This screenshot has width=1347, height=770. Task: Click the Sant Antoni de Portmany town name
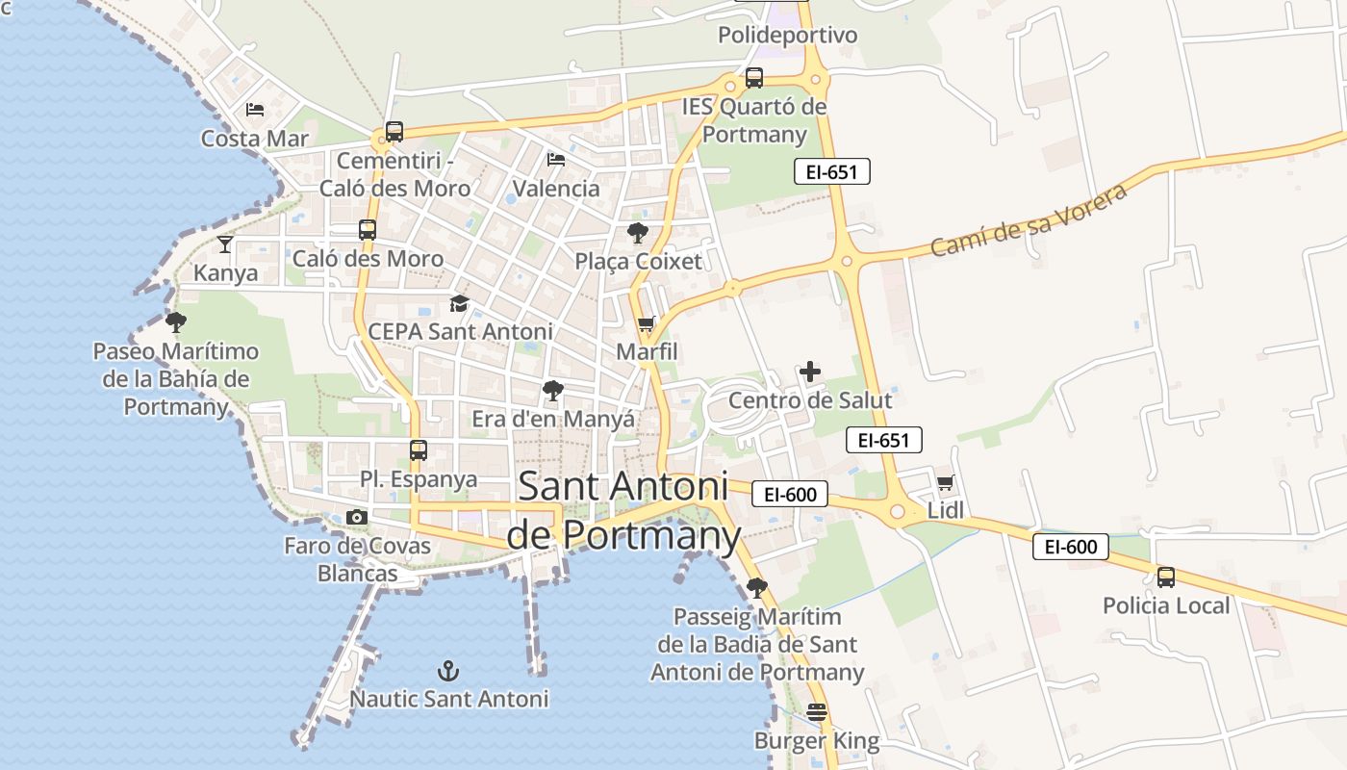click(623, 510)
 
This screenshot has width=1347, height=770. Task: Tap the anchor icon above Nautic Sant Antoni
click(447, 670)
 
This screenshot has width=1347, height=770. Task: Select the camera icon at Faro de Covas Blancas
click(357, 518)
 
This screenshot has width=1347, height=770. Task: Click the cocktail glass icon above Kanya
click(225, 244)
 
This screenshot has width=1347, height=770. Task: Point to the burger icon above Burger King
click(817, 712)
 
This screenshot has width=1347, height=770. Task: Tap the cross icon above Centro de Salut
click(810, 372)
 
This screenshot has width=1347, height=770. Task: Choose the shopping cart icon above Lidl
click(946, 482)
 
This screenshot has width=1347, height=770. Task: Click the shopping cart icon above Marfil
click(646, 324)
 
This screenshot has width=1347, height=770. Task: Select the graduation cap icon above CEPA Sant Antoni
click(460, 304)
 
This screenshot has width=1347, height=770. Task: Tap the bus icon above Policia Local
click(1166, 577)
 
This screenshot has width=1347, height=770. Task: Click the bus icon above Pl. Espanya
click(419, 450)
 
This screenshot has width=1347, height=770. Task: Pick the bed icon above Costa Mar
click(255, 110)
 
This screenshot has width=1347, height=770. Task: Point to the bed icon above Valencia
click(556, 160)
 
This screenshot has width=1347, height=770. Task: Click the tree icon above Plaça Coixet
click(637, 233)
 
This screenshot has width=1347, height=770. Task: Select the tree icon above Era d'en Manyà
click(552, 391)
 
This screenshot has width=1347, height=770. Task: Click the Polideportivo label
click(787, 36)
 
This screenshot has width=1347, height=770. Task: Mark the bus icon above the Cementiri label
click(394, 132)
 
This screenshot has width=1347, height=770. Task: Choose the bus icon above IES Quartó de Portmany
click(754, 78)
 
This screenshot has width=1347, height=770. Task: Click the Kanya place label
click(226, 272)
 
